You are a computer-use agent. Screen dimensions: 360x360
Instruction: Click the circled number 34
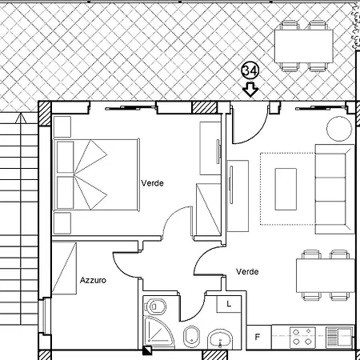tap(250, 71)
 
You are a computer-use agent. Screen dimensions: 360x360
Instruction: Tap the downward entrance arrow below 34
tap(250, 90)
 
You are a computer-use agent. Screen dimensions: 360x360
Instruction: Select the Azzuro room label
tap(93, 280)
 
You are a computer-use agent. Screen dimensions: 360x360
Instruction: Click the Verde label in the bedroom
tap(152, 183)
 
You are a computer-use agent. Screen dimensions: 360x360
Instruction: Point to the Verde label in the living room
tap(247, 272)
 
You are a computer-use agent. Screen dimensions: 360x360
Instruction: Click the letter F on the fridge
tap(258, 338)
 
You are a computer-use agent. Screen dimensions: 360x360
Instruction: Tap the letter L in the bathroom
tap(229, 304)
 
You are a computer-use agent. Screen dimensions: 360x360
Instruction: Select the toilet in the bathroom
tap(154, 306)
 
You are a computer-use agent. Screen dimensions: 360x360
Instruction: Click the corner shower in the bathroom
tap(158, 332)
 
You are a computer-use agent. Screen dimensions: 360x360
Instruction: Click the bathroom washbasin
tap(220, 339)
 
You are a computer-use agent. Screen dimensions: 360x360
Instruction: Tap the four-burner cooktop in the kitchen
tap(302, 337)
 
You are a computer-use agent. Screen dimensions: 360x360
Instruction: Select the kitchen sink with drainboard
tap(339, 337)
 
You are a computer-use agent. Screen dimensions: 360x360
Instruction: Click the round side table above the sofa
tap(339, 129)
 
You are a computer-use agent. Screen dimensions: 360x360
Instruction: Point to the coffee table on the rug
tap(286, 189)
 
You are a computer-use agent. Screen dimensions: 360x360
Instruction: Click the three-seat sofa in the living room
tap(335, 189)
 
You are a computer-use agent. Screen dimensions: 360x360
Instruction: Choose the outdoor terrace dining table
tap(304, 46)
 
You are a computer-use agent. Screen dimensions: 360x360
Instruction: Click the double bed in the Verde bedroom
tap(96, 174)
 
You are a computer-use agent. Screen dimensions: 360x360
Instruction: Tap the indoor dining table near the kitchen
tap(326, 275)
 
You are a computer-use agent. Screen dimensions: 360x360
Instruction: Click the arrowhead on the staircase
tap(20, 118)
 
